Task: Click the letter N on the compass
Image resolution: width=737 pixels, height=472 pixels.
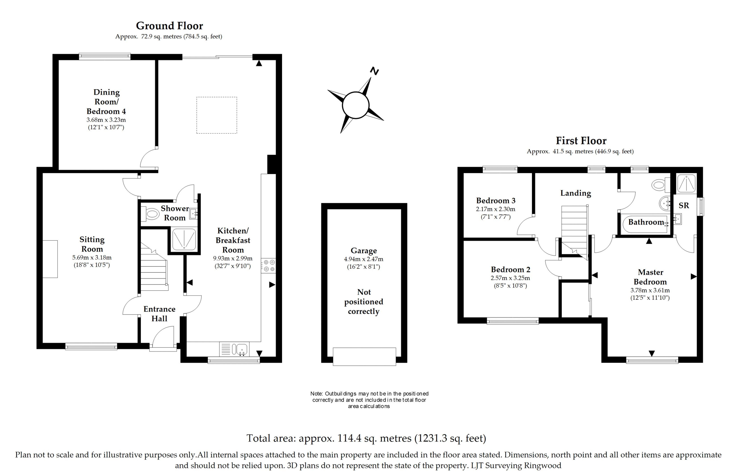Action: pos(374,71)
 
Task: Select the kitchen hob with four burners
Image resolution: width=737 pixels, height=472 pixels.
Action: pos(268,265)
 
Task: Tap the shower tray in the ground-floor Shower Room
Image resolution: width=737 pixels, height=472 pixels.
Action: pos(184,239)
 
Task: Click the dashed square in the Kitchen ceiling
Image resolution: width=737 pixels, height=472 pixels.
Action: pos(217,115)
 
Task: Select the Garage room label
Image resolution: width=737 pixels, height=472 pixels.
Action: pos(364,251)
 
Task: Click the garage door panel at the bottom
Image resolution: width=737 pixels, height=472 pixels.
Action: pos(364,356)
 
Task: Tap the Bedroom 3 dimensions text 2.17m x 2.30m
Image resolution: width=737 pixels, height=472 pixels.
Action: pos(496,209)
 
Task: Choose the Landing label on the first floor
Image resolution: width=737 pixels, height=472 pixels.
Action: pos(576,193)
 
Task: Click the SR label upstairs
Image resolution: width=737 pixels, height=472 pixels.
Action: pos(684,205)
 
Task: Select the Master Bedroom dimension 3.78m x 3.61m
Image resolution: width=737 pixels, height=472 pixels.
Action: pos(650,290)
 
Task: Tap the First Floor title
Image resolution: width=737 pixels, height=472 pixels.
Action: pos(581,141)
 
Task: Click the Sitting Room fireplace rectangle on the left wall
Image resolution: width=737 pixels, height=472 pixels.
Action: pos(50,259)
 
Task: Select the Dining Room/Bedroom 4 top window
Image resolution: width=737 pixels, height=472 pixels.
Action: pos(105,56)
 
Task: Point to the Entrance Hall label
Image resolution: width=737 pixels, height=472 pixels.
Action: pos(159,314)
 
